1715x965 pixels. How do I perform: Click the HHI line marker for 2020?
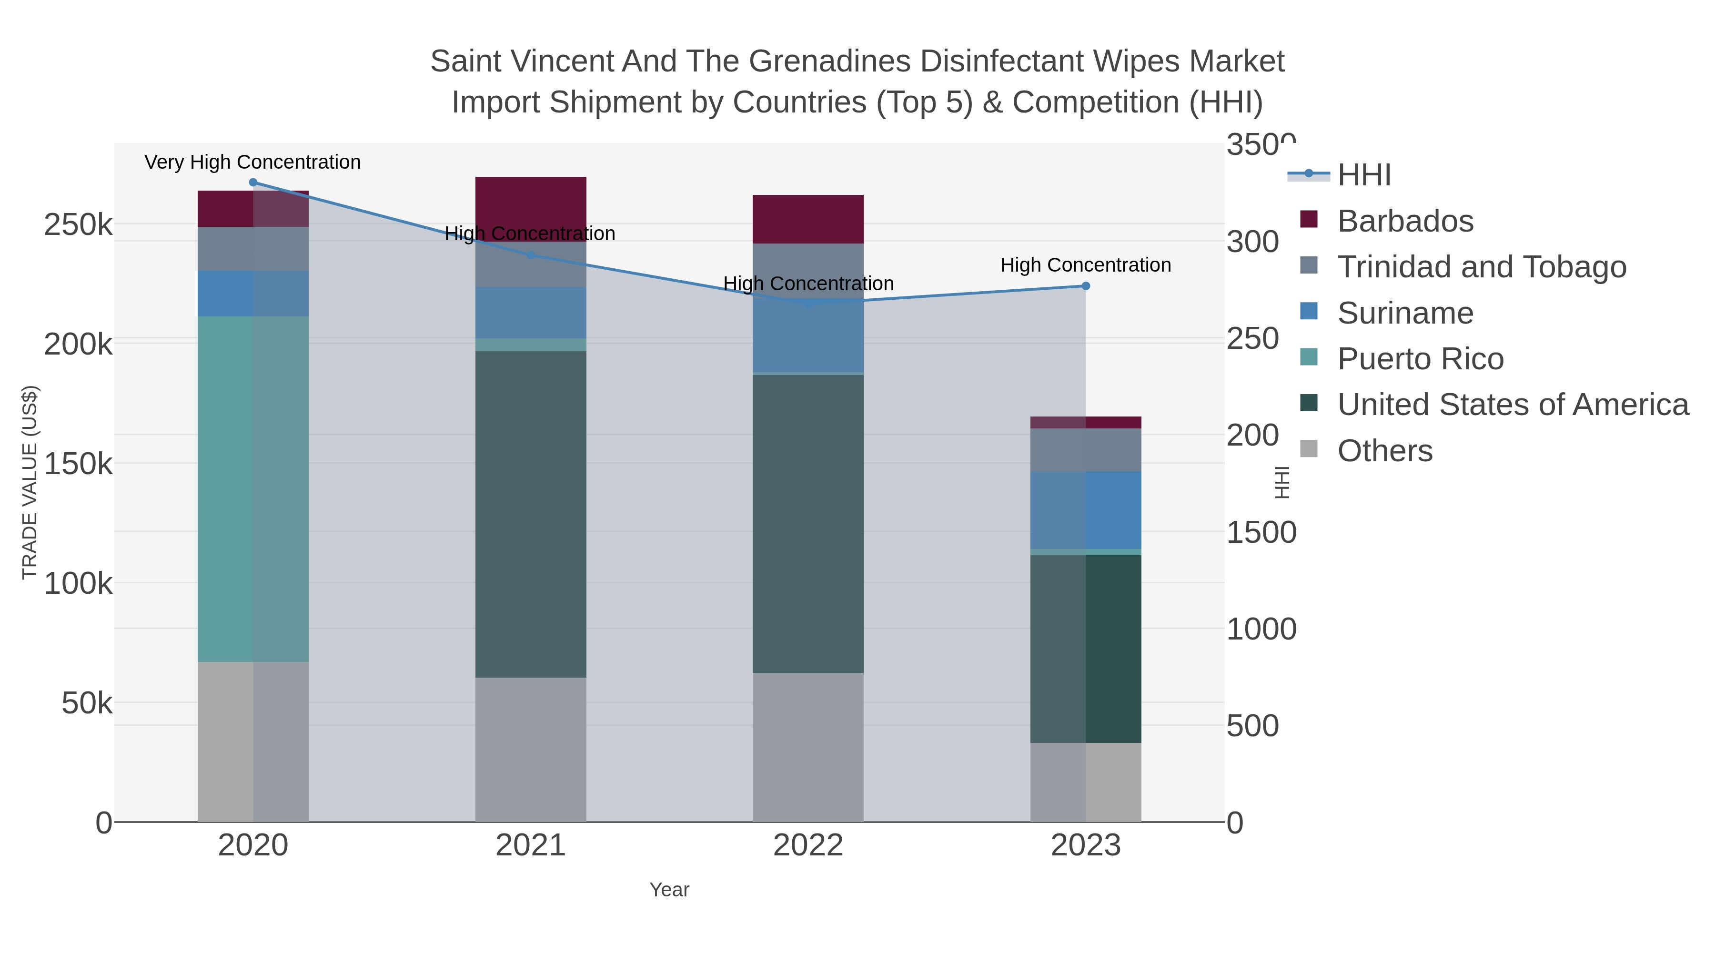point(253,183)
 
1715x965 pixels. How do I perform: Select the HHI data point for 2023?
point(1085,286)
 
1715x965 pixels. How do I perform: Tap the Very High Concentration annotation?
point(252,163)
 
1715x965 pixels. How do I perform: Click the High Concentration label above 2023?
point(1085,265)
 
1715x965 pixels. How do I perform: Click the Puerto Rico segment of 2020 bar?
point(253,489)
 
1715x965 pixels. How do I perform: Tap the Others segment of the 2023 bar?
point(1085,782)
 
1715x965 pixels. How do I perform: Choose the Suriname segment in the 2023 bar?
point(1085,510)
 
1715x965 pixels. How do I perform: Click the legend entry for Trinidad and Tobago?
point(1481,267)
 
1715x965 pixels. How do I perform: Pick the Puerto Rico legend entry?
point(1420,359)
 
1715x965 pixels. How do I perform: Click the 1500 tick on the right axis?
point(1261,533)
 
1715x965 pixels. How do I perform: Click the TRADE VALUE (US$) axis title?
point(30,482)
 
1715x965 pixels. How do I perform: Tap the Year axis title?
point(669,890)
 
